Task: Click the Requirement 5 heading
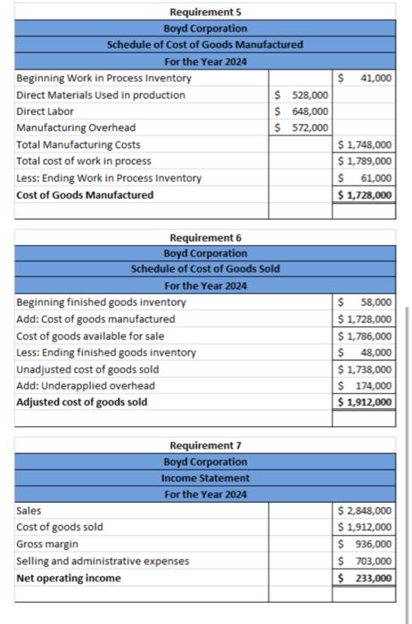(205, 12)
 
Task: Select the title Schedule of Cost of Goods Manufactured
(205, 45)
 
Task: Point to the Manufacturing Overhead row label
(76, 127)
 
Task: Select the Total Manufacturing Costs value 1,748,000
(364, 144)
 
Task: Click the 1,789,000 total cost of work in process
(364, 160)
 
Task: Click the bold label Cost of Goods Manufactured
(85, 194)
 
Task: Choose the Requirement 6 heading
(205, 237)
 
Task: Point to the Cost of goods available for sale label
(90, 336)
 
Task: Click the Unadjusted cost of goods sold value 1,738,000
(364, 369)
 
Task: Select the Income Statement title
(205, 478)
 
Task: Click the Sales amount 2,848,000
(364, 511)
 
